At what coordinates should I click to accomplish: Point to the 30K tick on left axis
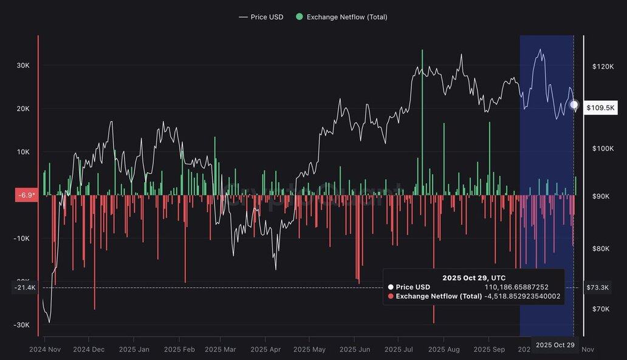pyautogui.click(x=22, y=66)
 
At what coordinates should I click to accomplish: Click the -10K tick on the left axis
pyautogui.click(x=22, y=239)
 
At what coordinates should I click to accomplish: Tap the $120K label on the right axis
pyautogui.click(x=603, y=67)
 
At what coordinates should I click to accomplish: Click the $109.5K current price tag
pyautogui.click(x=601, y=108)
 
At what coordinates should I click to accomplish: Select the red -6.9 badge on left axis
pyautogui.click(x=26, y=195)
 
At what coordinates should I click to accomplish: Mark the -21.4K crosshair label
pyautogui.click(x=24, y=287)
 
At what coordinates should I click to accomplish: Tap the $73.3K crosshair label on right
pyautogui.click(x=601, y=287)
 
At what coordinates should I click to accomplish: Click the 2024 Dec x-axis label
pyautogui.click(x=89, y=350)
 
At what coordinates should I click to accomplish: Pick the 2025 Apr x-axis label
pyautogui.click(x=266, y=350)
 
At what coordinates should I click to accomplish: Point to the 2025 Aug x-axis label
pyautogui.click(x=444, y=350)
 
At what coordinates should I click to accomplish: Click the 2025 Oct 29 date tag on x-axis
pyautogui.click(x=555, y=345)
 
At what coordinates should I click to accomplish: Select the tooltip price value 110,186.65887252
pyautogui.click(x=516, y=287)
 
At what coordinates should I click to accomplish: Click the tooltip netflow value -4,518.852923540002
pyautogui.click(x=522, y=296)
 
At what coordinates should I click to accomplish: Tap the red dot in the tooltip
pyautogui.click(x=391, y=297)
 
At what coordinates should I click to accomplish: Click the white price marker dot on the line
pyautogui.click(x=574, y=105)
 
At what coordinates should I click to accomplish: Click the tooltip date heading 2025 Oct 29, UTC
pyautogui.click(x=474, y=277)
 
